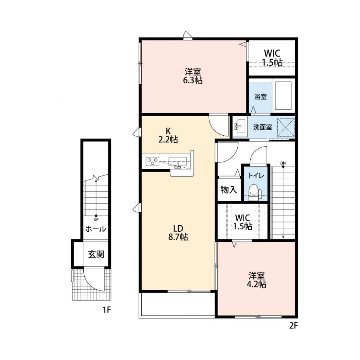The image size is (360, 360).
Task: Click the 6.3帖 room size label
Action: point(193,81)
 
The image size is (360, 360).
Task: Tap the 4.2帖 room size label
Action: point(256,284)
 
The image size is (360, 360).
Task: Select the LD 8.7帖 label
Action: point(178,233)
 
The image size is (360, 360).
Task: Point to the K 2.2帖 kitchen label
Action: point(168,135)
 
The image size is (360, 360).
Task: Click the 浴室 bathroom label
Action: point(261,97)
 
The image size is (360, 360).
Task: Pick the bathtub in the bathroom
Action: point(283,96)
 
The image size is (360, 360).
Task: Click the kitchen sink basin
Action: point(178,161)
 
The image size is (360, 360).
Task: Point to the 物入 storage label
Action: point(229,190)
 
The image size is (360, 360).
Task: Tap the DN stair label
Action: point(283,163)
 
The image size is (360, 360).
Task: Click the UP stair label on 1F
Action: point(96,219)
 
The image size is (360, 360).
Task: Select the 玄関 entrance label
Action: point(96,254)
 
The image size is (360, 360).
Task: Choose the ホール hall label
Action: point(96,229)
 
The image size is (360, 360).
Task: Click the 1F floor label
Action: point(107,310)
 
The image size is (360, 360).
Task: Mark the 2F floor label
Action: point(293,326)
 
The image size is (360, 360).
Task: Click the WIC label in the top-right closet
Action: point(272,53)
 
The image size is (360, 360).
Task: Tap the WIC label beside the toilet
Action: point(243,217)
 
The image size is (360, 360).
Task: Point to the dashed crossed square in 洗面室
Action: point(286,127)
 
